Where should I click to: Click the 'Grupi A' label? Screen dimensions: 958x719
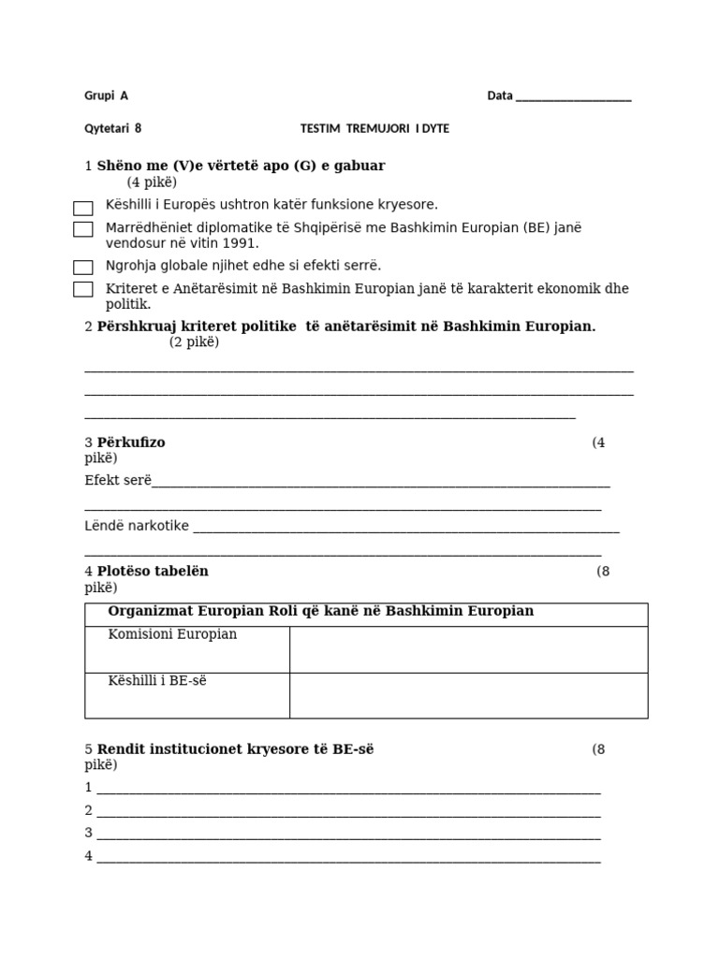click(106, 95)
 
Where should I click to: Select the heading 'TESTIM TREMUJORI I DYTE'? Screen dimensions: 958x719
click(374, 129)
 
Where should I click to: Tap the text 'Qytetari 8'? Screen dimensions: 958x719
click(113, 129)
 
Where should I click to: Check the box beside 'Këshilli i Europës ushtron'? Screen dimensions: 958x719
click(83, 208)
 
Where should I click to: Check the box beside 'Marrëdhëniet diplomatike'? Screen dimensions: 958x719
click(83, 229)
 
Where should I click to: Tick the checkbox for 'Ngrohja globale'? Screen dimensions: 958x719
click(83, 268)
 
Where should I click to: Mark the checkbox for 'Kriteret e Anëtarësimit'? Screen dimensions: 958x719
click(83, 290)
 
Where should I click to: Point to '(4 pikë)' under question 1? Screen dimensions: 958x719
click(152, 182)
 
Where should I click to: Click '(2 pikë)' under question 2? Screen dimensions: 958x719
click(194, 342)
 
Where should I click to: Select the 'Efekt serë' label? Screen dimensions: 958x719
click(117, 481)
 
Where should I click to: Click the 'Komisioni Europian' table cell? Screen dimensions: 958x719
click(172, 635)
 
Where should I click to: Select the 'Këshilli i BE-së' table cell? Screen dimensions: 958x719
click(157, 681)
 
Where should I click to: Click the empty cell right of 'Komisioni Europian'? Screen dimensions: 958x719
click(468, 649)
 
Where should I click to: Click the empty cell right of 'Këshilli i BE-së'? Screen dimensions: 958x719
click(468, 695)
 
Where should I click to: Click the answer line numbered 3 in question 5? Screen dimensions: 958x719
click(346, 833)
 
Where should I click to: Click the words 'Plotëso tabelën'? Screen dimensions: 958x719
click(153, 571)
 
